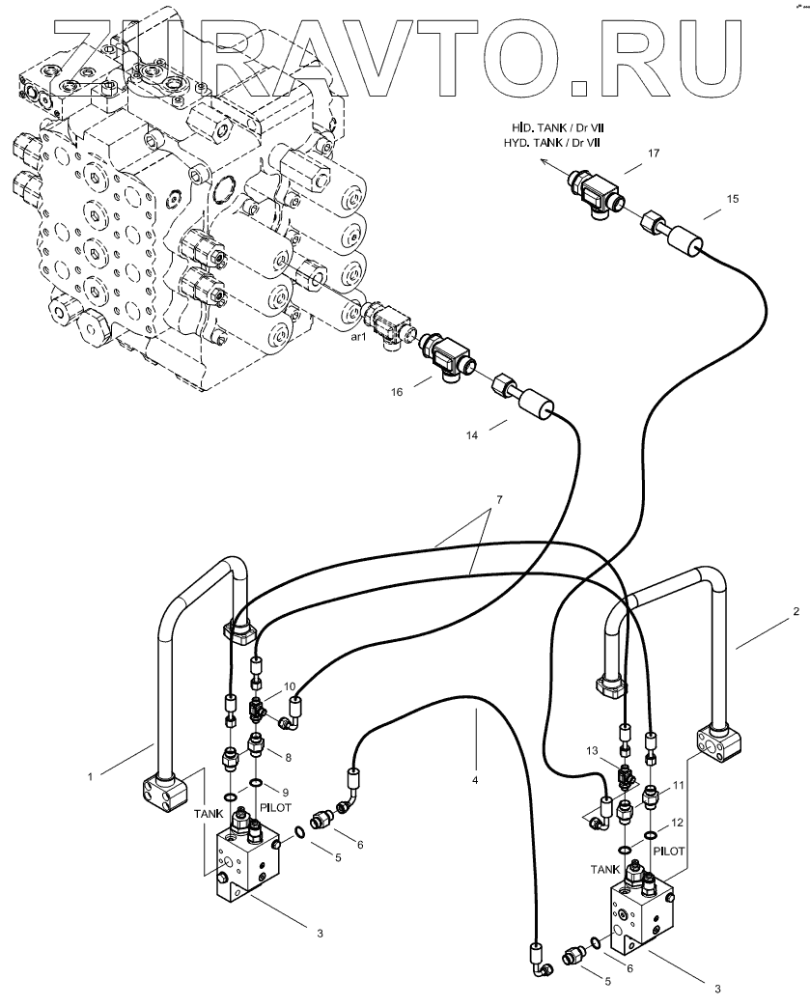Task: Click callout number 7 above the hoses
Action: pos(498,499)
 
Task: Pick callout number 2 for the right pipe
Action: pos(796,611)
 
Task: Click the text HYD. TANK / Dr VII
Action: pos(552,143)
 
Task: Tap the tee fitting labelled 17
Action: pos(594,189)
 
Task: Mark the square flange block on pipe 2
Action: pos(719,746)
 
